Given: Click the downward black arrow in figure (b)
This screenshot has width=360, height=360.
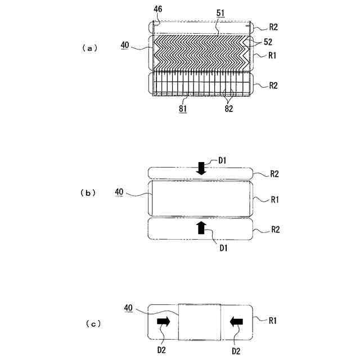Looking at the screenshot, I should (201, 168).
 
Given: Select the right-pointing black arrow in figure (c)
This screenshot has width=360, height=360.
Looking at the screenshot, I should (164, 321).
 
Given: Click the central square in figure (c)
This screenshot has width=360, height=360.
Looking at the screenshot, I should (199, 322).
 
